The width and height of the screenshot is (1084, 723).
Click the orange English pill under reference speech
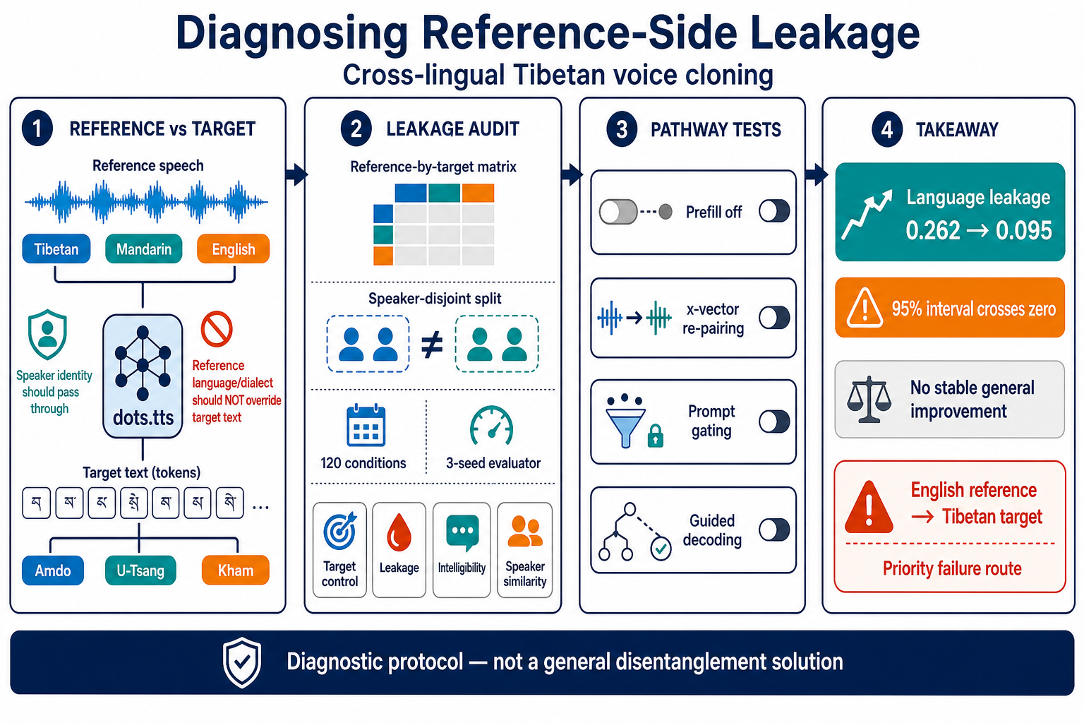coord(234,249)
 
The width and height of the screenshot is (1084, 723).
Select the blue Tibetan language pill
coord(56,249)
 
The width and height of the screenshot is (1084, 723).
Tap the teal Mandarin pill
coord(144,249)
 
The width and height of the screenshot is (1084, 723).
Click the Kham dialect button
coord(235,570)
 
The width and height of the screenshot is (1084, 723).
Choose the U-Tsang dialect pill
coord(140,570)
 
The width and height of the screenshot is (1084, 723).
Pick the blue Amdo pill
coord(53,570)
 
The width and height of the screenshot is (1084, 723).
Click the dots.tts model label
coord(143,417)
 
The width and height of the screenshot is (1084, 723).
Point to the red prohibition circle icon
coord(217,329)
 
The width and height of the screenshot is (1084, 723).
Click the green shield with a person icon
coord(47,334)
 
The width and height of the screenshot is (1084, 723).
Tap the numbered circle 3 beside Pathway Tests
coord(622,129)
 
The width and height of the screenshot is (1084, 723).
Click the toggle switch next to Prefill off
coord(774,212)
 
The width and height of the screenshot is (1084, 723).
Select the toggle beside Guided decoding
coord(774,530)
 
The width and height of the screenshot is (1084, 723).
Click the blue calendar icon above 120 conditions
coord(366,425)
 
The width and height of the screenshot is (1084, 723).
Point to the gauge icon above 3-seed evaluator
coord(491,425)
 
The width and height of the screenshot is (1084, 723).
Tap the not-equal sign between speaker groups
coord(432,345)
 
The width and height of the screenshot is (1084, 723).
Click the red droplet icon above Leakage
coord(399,532)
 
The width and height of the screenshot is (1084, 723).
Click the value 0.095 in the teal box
coord(1023,230)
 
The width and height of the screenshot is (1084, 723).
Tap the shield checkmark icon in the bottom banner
coord(242,662)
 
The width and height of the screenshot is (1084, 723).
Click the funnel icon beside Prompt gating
coord(626,422)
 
